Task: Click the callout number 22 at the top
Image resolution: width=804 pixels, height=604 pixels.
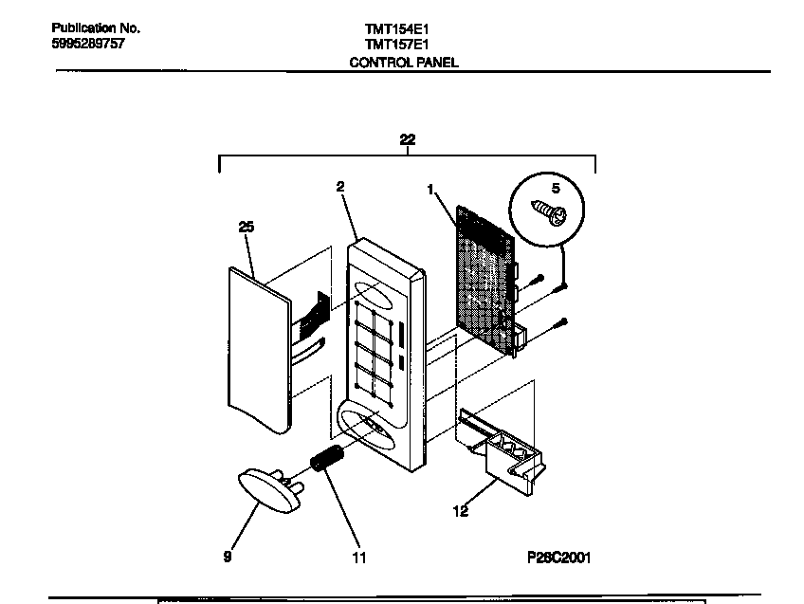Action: [x=407, y=139]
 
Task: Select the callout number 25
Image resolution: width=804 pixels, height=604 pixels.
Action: [x=247, y=227]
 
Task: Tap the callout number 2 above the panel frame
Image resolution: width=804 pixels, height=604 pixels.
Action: [x=339, y=187]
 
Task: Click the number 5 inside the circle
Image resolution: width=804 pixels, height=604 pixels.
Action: [x=557, y=186]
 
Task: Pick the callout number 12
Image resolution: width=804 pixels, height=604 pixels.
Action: [x=461, y=512]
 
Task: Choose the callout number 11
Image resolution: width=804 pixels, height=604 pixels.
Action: [x=358, y=558]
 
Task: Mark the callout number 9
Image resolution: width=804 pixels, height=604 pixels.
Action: [x=228, y=557]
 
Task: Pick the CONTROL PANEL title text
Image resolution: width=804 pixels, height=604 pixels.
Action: [x=404, y=63]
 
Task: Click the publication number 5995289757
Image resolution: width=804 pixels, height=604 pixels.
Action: [x=87, y=45]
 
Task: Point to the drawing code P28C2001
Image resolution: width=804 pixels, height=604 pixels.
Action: [x=558, y=558]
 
